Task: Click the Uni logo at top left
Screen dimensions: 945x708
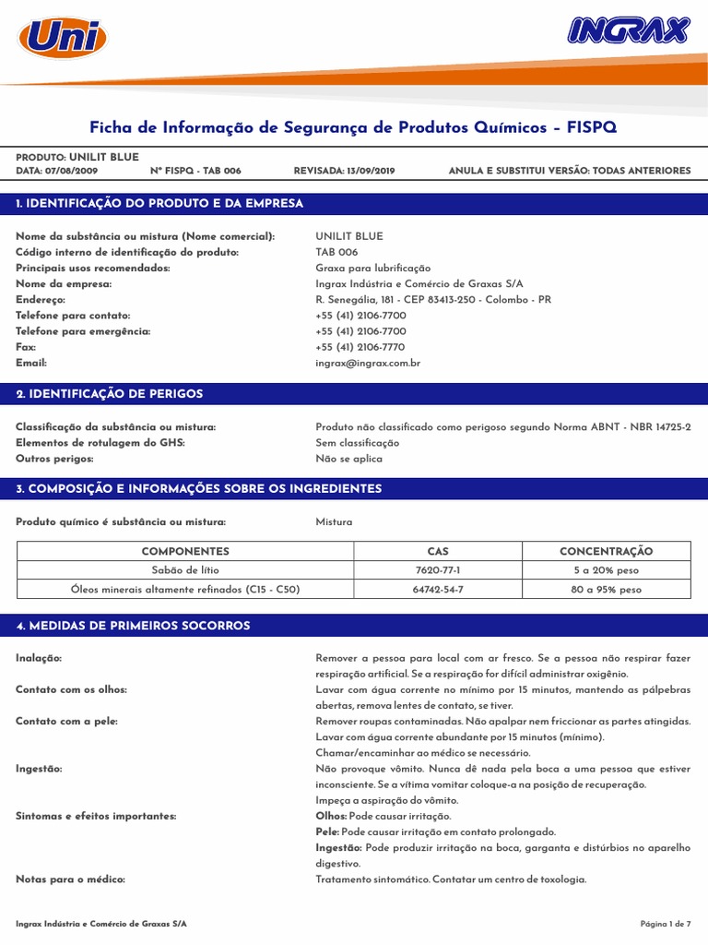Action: [63, 38]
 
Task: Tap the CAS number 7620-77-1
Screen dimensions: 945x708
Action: [438, 570]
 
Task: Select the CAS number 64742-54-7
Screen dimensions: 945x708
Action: [438, 589]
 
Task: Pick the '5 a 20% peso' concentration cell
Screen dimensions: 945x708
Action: [606, 570]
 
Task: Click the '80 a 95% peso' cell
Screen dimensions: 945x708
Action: [606, 589]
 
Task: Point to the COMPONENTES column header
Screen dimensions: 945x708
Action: [185, 551]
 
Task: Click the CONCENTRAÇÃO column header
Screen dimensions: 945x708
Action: [606, 551]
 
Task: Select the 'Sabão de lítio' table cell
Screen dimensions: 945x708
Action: [185, 570]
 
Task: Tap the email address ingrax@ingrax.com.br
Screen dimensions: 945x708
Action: [368, 363]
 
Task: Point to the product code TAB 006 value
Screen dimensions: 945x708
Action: [336, 252]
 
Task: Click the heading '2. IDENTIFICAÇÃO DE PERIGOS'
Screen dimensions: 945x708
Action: [110, 394]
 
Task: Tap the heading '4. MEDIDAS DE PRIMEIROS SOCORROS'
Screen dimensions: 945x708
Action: [133, 626]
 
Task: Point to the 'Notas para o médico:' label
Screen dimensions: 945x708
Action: [70, 879]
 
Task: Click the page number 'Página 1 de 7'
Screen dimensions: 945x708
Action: [665, 924]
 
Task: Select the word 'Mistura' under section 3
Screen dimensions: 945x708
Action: [334, 522]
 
